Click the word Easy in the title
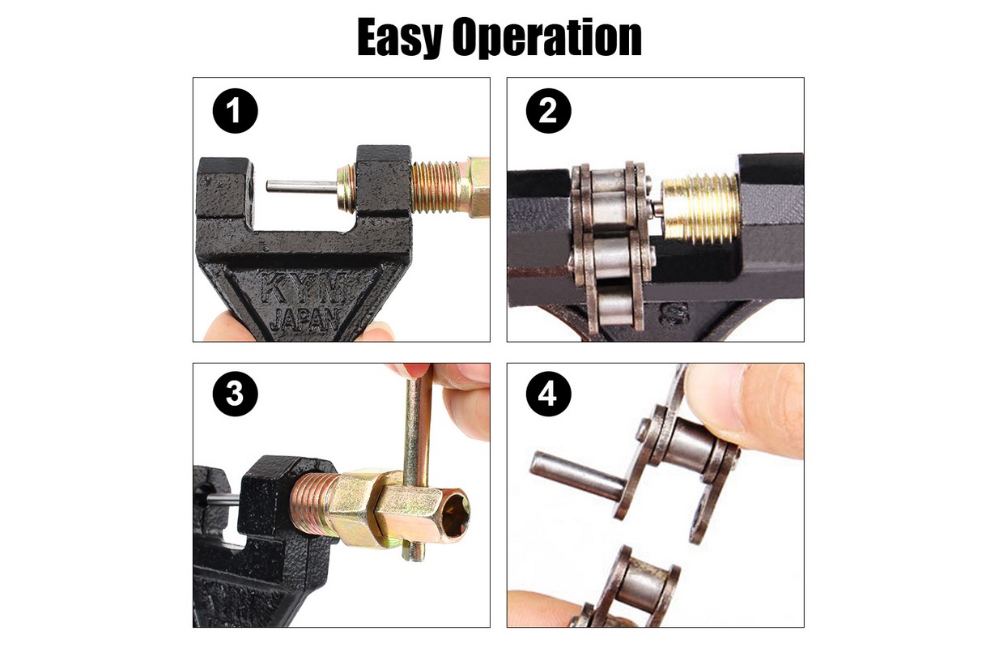400,37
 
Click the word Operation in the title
546,37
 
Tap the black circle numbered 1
235,111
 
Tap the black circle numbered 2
549,111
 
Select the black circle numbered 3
235,394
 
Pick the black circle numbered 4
549,394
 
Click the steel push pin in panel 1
301,186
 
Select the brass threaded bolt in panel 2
699,210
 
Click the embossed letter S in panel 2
674,313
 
